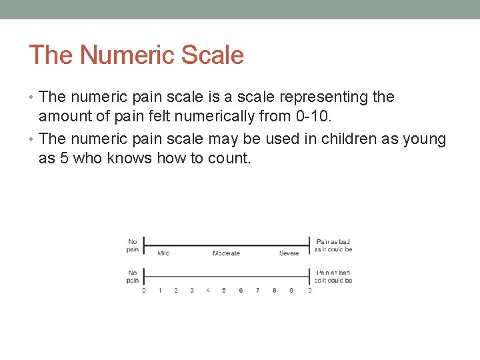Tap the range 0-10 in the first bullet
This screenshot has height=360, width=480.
coord(311,117)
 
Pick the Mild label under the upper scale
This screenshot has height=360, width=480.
coord(163,253)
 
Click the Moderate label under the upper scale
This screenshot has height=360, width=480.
coord(226,253)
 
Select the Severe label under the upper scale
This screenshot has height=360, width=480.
coord(289,253)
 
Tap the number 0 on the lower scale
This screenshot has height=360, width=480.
coord(144,290)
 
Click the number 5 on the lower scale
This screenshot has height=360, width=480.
coord(224,290)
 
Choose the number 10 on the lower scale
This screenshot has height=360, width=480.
coord(307,290)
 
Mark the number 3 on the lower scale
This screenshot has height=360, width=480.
coord(192,290)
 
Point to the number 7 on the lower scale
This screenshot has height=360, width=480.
coord(257,290)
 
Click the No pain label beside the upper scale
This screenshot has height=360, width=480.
coord(133,245)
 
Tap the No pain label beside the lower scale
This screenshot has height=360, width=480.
coord(133,276)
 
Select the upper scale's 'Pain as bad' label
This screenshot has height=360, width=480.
coord(333,245)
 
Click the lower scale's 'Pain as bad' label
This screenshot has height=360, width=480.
coord(333,276)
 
